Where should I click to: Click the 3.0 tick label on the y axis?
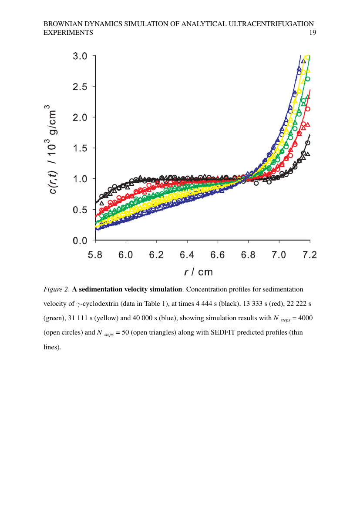(x=80, y=56)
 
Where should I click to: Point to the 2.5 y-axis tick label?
(x=80, y=87)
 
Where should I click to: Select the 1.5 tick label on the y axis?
(x=80, y=148)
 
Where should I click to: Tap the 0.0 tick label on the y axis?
(x=80, y=241)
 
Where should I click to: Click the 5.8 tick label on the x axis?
(x=95, y=255)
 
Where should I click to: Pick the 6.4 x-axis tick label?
(x=187, y=255)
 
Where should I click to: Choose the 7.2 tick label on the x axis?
(x=310, y=255)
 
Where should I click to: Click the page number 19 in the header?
(x=313, y=33)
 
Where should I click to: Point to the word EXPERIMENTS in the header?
(x=68, y=33)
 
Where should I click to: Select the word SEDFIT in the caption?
(x=222, y=332)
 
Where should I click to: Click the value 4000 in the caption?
(x=306, y=318)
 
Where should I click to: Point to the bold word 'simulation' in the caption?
(x=165, y=289)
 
